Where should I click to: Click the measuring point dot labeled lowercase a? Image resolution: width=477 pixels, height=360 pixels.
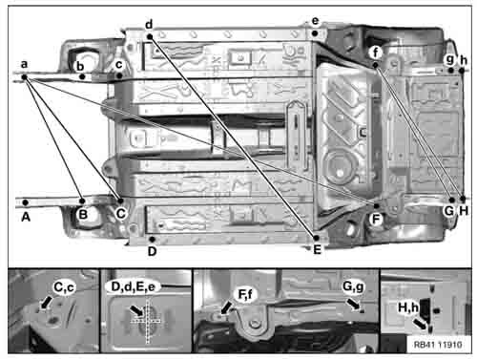(24, 77)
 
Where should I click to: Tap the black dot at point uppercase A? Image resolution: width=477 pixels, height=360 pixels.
(26, 202)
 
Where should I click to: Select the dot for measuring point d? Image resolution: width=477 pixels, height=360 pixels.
(150, 37)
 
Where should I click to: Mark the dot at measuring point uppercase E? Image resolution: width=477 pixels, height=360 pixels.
(317, 238)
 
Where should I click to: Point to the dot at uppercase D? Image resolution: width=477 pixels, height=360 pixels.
(153, 239)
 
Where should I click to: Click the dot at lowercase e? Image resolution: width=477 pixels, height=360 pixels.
(315, 33)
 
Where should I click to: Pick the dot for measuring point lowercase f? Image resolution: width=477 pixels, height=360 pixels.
(376, 65)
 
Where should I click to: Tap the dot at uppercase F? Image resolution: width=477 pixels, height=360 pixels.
(377, 206)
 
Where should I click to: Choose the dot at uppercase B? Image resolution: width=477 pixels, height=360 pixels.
(82, 201)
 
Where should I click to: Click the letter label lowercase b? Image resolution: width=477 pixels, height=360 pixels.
(80, 66)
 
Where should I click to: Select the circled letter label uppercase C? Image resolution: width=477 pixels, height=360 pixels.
(121, 214)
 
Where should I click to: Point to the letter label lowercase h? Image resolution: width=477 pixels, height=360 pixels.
(464, 60)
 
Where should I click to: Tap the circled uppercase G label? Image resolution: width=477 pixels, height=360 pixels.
(449, 211)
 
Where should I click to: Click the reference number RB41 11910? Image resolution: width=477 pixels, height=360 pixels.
(438, 345)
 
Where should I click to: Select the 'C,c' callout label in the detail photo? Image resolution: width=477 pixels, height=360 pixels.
(64, 287)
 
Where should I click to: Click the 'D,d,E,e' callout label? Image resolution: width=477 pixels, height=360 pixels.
(134, 286)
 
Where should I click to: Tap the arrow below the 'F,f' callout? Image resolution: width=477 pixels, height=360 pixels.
(226, 307)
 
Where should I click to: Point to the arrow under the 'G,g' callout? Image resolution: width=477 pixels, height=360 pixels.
(353, 304)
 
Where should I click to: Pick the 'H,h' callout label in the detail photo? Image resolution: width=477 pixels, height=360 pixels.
(408, 307)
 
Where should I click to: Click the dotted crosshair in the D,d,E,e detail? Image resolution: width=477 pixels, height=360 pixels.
(148, 321)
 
